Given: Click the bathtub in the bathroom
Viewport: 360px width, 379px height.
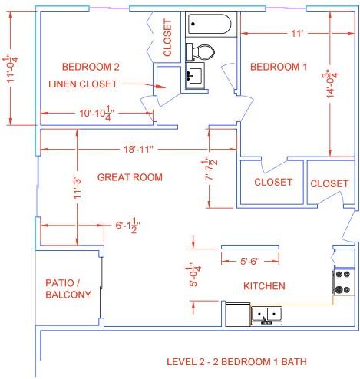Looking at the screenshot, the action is tap(210, 24).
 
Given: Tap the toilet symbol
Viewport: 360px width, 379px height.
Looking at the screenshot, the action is tap(200, 52).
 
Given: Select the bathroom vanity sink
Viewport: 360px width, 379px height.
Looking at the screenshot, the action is tap(195, 75).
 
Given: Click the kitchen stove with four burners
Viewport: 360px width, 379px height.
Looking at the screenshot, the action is tap(343, 282).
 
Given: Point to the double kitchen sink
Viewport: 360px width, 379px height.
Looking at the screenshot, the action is tap(266, 315).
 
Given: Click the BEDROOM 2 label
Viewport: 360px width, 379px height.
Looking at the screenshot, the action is tap(91, 67).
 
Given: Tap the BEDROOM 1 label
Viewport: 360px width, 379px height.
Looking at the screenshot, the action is tap(279, 67).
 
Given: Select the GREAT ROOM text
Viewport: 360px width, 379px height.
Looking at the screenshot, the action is tap(130, 177).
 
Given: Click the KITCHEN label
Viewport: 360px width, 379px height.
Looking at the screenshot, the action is tap(264, 286).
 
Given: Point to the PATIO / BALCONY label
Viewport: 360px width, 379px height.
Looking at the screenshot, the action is tap(68, 288).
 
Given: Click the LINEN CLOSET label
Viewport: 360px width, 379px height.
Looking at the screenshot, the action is tap(83, 84).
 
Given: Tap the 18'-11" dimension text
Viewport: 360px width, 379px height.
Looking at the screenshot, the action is tap(138, 149).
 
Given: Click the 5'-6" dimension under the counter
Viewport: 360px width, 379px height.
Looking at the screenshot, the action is tap(250, 261).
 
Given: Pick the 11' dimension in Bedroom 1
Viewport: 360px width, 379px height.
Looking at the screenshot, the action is tap(297, 33).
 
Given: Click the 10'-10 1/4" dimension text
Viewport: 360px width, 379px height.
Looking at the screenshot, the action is tap(97, 114).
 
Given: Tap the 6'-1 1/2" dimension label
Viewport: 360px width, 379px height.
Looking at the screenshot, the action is tap(127, 226).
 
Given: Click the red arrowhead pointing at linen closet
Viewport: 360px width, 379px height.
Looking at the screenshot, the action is tap(160, 87).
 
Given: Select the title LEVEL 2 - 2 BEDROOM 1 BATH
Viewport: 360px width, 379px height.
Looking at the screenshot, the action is tap(236, 362).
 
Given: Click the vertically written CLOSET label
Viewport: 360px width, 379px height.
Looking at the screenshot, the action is tap(167, 38).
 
